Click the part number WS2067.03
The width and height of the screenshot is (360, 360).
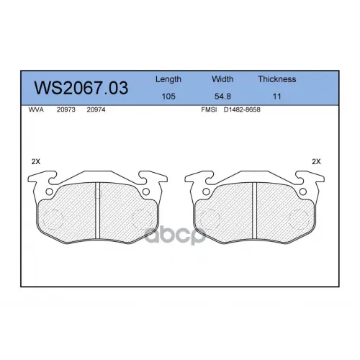pos(81,88)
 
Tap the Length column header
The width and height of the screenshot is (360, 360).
pos(168,79)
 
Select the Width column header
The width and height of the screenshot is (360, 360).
pos(222,79)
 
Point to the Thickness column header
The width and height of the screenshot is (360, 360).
pos(277,79)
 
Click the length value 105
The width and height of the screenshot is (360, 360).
pos(168,96)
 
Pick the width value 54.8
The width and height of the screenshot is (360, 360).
pos(222,96)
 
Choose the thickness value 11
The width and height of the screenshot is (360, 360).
pos(276,96)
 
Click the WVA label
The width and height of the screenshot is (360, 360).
pos(36,109)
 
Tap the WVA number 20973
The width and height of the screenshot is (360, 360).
pos(66,109)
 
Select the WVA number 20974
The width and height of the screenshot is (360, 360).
pos(96,109)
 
